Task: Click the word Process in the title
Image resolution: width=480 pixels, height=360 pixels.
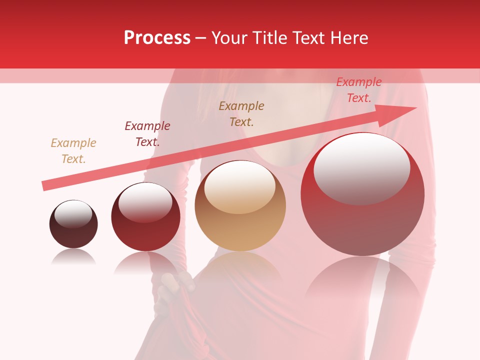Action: [157, 38]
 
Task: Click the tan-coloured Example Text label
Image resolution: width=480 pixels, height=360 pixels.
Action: [73, 151]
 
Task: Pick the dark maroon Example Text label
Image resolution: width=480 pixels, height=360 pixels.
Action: [147, 134]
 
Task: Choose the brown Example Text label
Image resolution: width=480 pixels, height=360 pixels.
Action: [241, 114]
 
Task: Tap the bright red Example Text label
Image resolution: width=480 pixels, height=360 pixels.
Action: [359, 90]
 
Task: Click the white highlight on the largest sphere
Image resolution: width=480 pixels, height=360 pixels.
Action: [362, 167]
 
